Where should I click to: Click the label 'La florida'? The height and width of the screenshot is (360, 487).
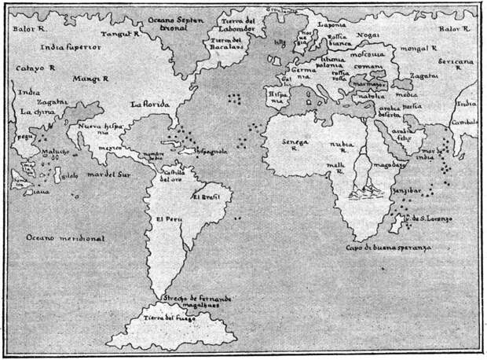[x=148, y=104]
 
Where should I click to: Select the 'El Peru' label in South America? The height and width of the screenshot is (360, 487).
[x=169, y=219]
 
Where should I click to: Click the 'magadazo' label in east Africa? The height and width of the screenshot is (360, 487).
[x=390, y=166]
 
